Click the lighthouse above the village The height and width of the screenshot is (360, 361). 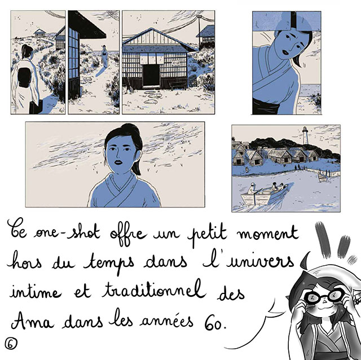(x=305, y=135)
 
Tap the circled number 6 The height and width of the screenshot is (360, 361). (x=11, y=344)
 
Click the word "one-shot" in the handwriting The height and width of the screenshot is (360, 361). (x=67, y=232)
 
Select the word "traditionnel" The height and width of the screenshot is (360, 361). (x=153, y=291)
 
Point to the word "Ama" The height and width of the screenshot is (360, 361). (x=33, y=321)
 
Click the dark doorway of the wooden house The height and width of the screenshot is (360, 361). (x=151, y=75)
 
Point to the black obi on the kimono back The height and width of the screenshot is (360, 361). (x=24, y=78)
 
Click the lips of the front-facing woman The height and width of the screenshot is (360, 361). (x=118, y=163)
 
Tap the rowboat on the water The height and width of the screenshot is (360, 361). (x=264, y=195)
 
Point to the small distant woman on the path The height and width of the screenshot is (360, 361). (x=104, y=56)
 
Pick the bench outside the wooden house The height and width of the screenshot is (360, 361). (x=178, y=85)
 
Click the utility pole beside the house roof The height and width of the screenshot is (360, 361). (x=199, y=30)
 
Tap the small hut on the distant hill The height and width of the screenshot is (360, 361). (x=40, y=33)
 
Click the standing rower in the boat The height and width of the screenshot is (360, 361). (x=252, y=190)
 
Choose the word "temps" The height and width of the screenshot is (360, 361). (x=109, y=263)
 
